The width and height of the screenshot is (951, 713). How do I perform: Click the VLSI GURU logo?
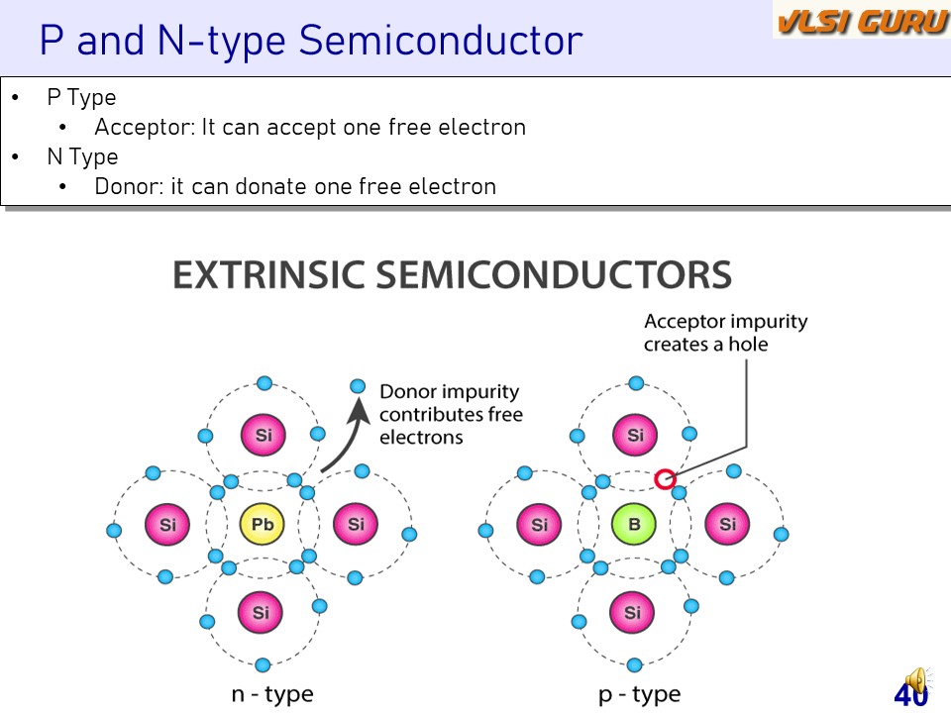[x=861, y=21]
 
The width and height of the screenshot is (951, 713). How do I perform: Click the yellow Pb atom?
[x=262, y=524]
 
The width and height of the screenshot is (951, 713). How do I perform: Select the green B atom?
[x=633, y=524]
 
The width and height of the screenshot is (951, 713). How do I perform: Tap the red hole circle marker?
[x=665, y=479]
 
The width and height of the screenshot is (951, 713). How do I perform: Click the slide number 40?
[x=910, y=695]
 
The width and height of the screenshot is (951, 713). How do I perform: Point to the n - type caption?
[x=271, y=694]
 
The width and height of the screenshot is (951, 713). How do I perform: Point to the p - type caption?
[x=640, y=694]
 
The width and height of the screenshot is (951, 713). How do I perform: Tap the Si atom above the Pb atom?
[x=263, y=435]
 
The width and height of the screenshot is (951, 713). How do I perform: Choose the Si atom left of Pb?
[x=167, y=524]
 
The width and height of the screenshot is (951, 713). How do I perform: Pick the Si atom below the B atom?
[x=633, y=613]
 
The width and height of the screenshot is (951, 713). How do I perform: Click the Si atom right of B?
[x=727, y=524]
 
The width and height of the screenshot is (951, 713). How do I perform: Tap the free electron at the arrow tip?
[x=358, y=386]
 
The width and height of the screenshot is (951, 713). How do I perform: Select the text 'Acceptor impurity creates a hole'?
[x=725, y=333]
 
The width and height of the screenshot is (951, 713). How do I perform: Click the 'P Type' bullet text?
[x=81, y=97]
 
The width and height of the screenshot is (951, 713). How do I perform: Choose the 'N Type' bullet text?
[x=82, y=156]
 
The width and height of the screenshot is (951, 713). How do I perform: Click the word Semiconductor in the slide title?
[x=440, y=41]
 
